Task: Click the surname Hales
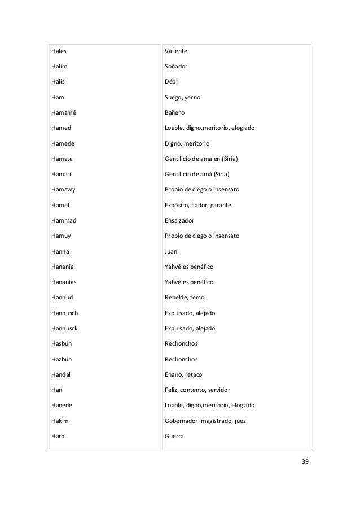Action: click(59, 51)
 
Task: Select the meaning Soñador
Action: click(176, 67)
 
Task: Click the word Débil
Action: click(172, 82)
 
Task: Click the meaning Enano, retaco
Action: click(183, 374)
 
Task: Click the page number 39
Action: click(305, 463)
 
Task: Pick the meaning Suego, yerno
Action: click(182, 98)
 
